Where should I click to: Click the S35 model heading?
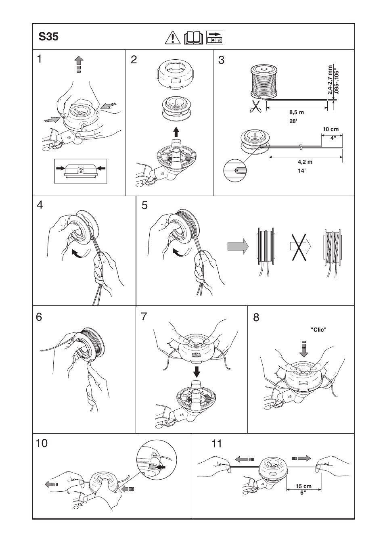point(49,37)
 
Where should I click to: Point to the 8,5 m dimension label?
point(296,113)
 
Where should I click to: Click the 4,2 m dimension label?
point(305,162)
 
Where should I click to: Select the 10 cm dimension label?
point(331,129)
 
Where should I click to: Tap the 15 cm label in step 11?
point(303,486)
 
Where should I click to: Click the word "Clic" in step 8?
point(318,330)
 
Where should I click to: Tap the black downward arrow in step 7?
point(197,371)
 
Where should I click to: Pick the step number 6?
point(39,317)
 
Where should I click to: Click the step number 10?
point(42,444)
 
